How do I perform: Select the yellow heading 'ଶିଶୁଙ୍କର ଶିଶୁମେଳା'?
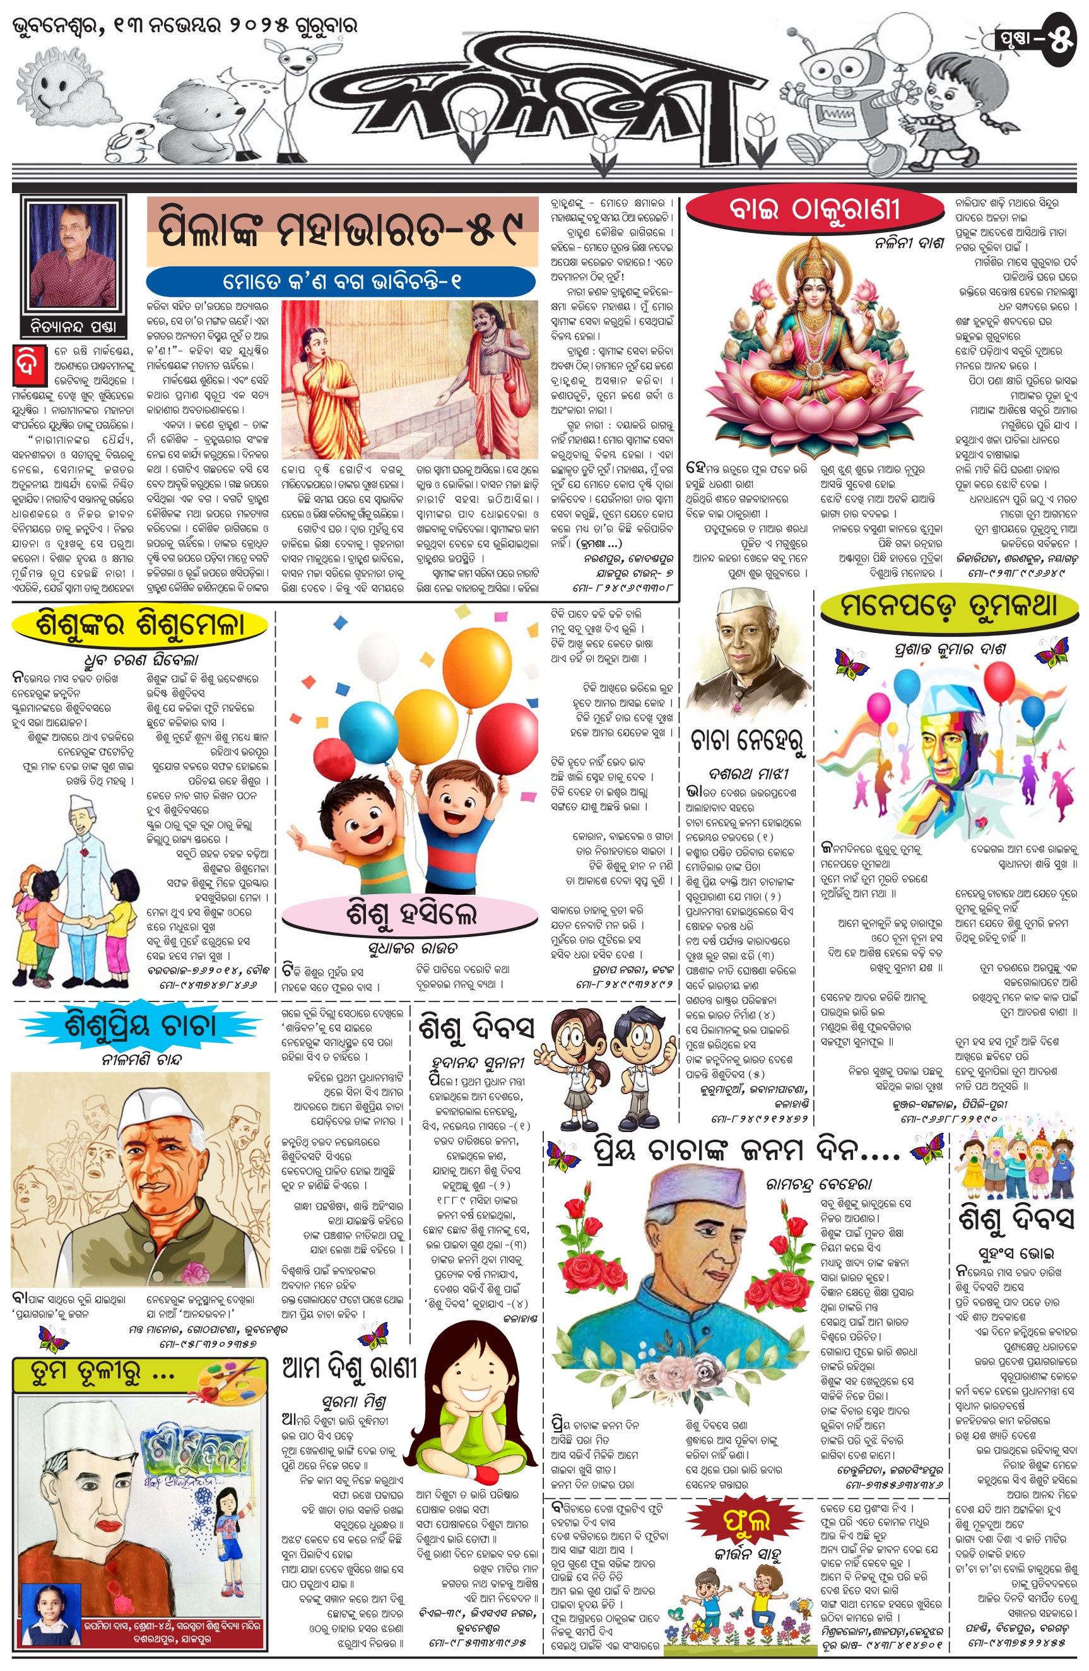(x=139, y=624)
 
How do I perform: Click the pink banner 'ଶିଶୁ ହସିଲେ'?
(x=411, y=913)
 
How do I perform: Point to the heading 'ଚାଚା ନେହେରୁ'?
(x=747, y=740)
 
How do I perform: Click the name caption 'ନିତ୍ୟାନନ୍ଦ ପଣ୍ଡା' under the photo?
(x=74, y=326)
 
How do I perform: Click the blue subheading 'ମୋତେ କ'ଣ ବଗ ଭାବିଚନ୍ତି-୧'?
(x=341, y=282)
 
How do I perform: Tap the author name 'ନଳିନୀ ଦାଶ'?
(x=909, y=244)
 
